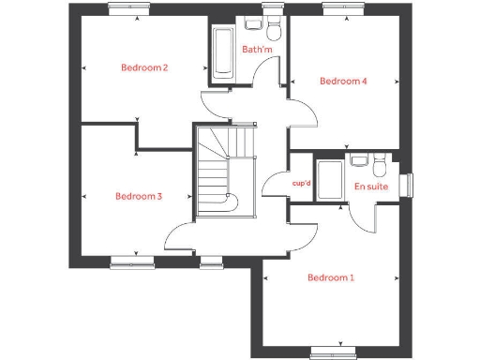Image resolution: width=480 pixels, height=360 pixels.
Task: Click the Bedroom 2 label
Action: point(144,67)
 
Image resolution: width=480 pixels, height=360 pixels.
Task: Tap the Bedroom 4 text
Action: point(343,82)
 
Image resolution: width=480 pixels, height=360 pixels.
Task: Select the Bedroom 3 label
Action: point(139,197)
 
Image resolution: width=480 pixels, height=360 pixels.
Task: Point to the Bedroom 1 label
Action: point(331,278)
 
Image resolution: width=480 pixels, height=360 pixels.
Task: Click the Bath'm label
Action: point(256,50)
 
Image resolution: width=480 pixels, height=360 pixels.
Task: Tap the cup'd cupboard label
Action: point(302,184)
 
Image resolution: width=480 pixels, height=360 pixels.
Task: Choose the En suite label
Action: point(370,187)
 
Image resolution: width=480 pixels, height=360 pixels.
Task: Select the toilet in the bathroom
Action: point(274,25)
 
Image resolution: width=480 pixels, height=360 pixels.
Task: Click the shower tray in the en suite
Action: point(329,180)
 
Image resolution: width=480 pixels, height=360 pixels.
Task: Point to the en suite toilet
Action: point(378,167)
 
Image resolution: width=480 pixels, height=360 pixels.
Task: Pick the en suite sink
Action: point(358,160)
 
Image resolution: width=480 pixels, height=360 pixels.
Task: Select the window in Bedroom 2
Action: point(129,7)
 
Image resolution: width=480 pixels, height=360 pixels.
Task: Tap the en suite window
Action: point(408,185)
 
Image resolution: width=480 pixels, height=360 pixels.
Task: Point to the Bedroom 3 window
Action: point(132,262)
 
